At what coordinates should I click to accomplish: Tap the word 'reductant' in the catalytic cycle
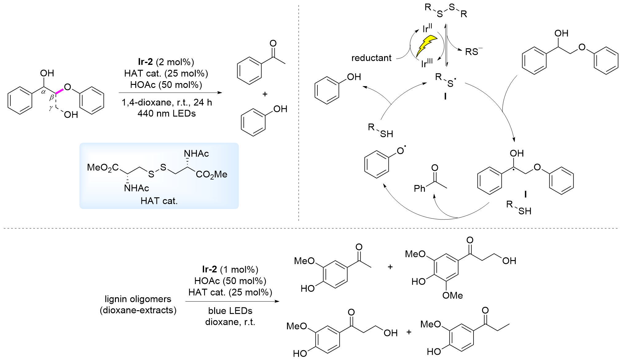tap(371, 58)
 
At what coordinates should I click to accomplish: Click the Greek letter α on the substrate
tap(43, 91)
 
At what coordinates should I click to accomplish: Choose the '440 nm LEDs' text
tap(167, 113)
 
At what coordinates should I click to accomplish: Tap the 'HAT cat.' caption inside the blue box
tap(159, 201)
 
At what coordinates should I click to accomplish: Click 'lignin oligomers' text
tap(138, 299)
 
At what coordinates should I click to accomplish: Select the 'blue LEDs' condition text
tap(230, 311)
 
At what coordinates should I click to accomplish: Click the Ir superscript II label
tap(427, 28)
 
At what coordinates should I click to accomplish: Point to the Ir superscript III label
tap(427, 63)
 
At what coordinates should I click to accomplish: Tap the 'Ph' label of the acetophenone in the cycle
tap(419, 188)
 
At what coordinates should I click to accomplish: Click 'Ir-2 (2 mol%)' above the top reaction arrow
tap(166, 62)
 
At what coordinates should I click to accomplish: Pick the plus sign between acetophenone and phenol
tap(265, 94)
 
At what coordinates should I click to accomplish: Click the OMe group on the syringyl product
tap(452, 295)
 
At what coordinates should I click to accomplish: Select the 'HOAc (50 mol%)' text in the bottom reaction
tap(230, 281)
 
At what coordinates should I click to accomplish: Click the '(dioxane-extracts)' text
tap(138, 310)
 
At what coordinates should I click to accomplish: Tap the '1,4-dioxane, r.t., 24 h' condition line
tap(167, 102)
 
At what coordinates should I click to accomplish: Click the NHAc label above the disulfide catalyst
tap(196, 153)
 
